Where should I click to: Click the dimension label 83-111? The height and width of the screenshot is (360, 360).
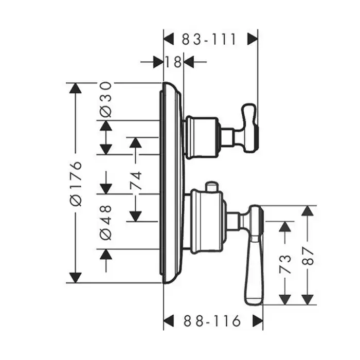208,39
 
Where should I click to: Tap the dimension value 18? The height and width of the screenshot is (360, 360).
174,62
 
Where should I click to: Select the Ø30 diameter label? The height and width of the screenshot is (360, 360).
105,99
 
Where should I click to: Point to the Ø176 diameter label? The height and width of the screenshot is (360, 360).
76,183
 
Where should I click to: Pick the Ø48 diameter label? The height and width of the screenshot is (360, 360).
105,222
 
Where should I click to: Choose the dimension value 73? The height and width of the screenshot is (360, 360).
285,263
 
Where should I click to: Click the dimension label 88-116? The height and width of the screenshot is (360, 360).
212,322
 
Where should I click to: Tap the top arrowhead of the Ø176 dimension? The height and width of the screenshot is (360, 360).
76,88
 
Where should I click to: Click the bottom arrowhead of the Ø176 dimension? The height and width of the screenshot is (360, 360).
76,278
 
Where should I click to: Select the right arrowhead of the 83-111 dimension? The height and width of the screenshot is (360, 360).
252,39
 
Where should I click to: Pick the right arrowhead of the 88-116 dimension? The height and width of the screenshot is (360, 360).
257,322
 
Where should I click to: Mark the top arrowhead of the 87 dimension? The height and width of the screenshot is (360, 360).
308,211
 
